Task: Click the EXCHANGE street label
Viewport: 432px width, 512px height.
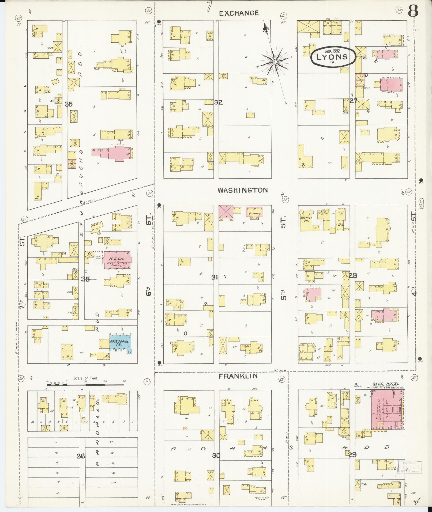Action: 239,13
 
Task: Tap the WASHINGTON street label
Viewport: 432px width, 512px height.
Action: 242,190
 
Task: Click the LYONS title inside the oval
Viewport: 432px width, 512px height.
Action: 332,57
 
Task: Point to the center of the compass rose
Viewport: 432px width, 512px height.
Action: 274,62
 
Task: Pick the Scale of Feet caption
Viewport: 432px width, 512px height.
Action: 86,378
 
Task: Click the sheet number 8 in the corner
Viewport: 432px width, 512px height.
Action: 413,11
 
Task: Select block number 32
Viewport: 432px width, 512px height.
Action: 218,102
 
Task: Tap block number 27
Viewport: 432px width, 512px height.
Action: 353,101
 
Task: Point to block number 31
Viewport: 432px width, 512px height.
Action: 215,278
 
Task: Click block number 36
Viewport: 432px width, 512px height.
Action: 81,456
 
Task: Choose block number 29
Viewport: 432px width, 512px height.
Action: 352,455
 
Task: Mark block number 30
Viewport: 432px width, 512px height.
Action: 216,456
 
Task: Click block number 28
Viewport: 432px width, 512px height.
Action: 353,275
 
